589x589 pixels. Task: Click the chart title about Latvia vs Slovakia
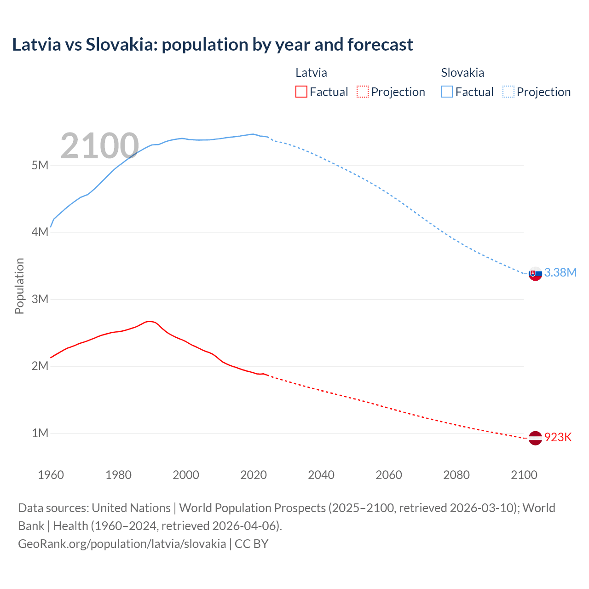212,45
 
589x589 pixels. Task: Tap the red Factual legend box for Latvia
301,92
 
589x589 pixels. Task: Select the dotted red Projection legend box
363,92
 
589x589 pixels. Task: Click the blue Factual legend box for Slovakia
446,92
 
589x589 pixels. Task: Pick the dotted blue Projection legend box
508,92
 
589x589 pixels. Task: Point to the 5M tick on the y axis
40,165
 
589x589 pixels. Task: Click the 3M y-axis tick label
40,299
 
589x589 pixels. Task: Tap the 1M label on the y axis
40,433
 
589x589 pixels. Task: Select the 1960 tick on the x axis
51,475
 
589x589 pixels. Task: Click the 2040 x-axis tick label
321,475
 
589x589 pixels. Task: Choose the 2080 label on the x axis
456,475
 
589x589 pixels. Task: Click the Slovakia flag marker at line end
535,273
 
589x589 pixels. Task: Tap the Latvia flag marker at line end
535,438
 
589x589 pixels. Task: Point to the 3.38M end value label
560,272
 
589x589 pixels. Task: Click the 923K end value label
558,437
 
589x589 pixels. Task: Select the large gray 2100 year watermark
99,146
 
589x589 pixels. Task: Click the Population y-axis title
19,286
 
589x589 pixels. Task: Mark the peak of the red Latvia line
148,321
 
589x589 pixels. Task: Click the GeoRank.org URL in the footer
122,543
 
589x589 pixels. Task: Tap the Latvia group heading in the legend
311,73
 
